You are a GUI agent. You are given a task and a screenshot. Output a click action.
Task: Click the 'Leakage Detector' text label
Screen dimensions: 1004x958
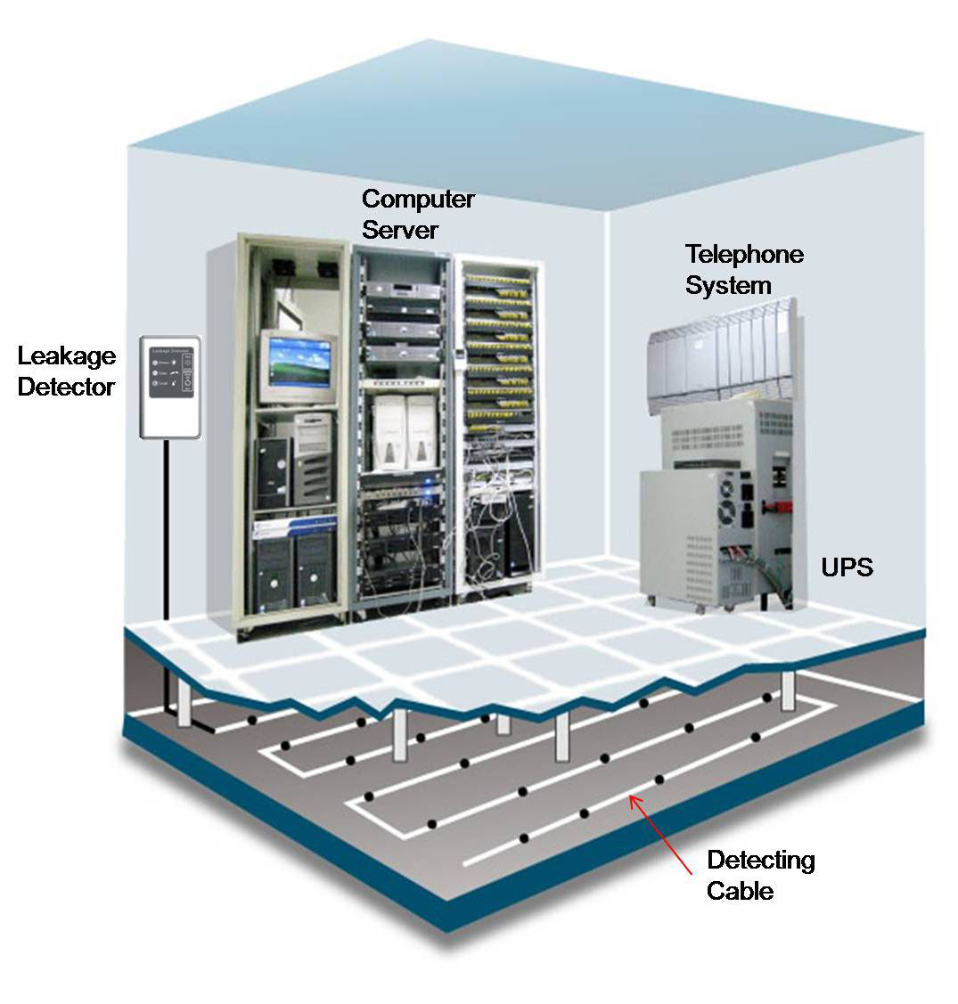(67, 371)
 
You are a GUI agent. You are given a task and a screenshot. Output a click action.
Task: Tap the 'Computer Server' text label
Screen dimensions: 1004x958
(417, 214)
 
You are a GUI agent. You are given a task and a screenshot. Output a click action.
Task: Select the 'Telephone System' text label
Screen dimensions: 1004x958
(743, 270)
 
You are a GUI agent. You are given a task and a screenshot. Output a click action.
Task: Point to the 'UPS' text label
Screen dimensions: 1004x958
(846, 567)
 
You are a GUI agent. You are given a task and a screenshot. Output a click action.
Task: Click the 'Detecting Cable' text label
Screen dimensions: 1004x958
(760, 875)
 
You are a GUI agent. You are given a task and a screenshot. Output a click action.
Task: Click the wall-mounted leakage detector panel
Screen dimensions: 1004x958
(171, 387)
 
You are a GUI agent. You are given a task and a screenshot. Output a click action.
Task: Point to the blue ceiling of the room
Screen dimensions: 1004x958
(526, 116)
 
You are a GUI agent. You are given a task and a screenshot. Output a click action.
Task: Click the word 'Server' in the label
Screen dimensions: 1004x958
(399, 230)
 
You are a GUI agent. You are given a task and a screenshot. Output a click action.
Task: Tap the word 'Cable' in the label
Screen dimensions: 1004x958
(740, 890)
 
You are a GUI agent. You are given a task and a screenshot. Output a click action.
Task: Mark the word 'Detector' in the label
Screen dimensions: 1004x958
(67, 388)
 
